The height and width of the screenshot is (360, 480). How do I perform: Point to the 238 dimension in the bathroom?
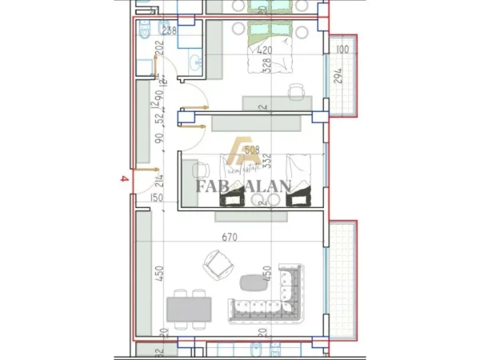tap(170, 31)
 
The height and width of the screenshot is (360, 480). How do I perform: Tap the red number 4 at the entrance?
tap(122, 181)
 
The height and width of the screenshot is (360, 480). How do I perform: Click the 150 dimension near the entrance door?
tap(156, 198)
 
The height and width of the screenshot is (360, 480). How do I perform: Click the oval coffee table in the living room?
tap(254, 281)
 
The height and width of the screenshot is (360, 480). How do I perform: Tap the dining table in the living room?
tap(190, 307)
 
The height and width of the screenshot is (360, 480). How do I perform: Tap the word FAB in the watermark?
tap(212, 188)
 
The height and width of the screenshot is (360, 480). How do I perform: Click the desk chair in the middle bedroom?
tap(199, 171)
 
